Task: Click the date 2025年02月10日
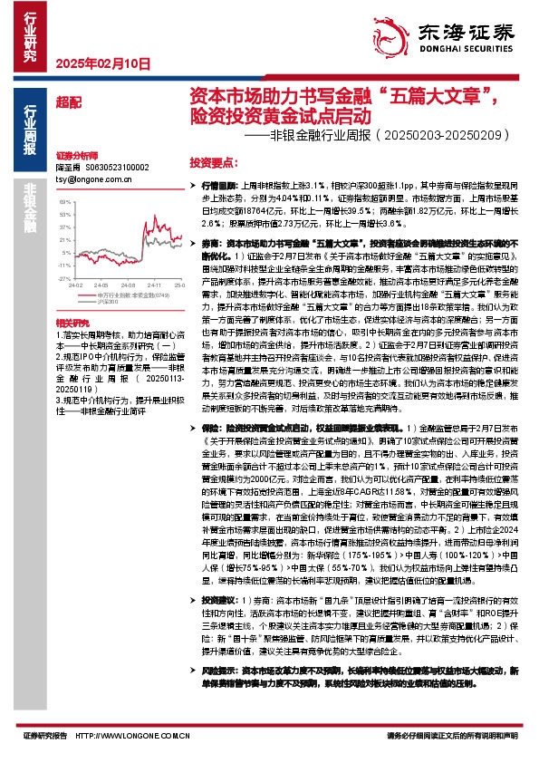(101, 63)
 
